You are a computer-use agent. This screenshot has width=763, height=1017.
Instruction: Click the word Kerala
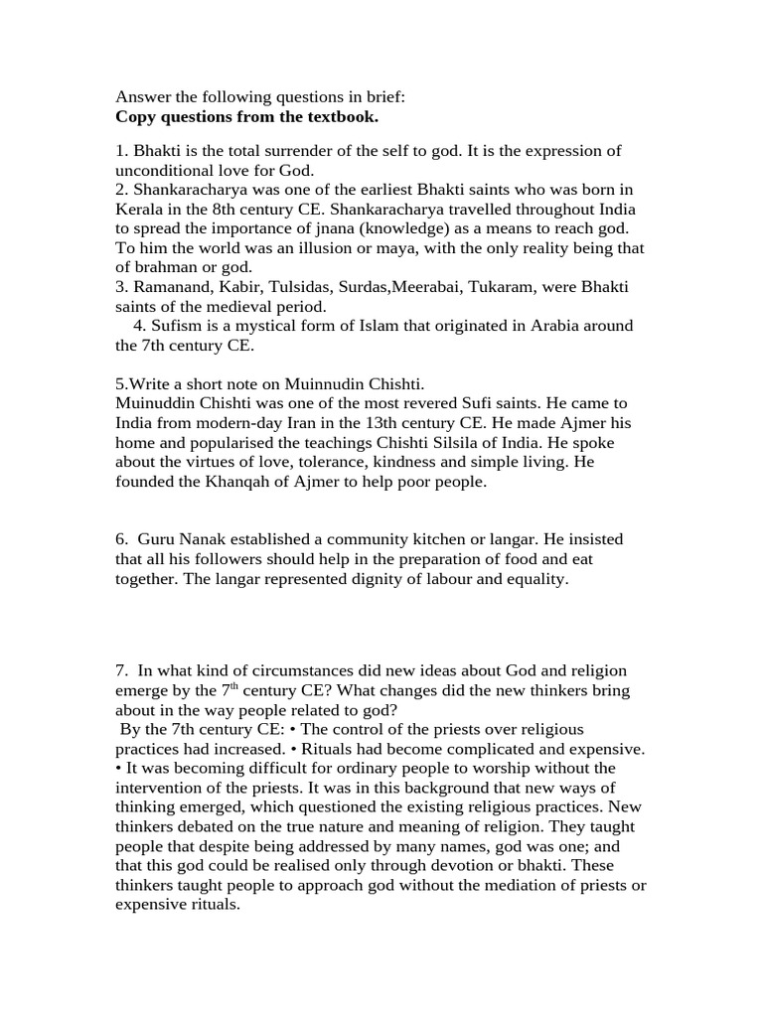pos(140,209)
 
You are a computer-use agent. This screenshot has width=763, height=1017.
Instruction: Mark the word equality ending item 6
pos(535,579)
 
